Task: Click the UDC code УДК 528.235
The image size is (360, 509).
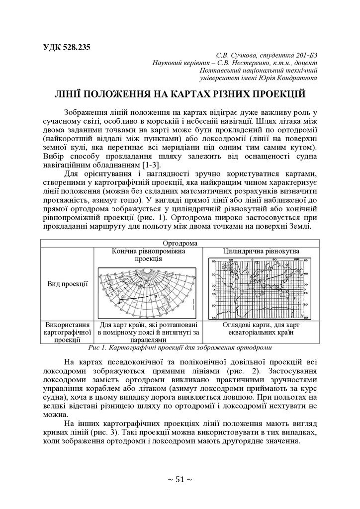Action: [64, 48]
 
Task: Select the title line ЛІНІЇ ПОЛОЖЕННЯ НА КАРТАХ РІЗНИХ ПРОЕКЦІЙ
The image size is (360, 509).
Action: [180, 94]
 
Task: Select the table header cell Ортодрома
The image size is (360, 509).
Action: [180, 244]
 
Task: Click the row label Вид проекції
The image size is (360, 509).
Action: [68, 284]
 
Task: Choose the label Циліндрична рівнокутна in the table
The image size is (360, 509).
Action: [257, 252]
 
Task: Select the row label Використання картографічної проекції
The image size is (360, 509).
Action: [68, 332]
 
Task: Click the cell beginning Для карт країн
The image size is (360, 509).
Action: [148, 332]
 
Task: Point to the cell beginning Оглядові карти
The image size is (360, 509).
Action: [257, 329]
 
